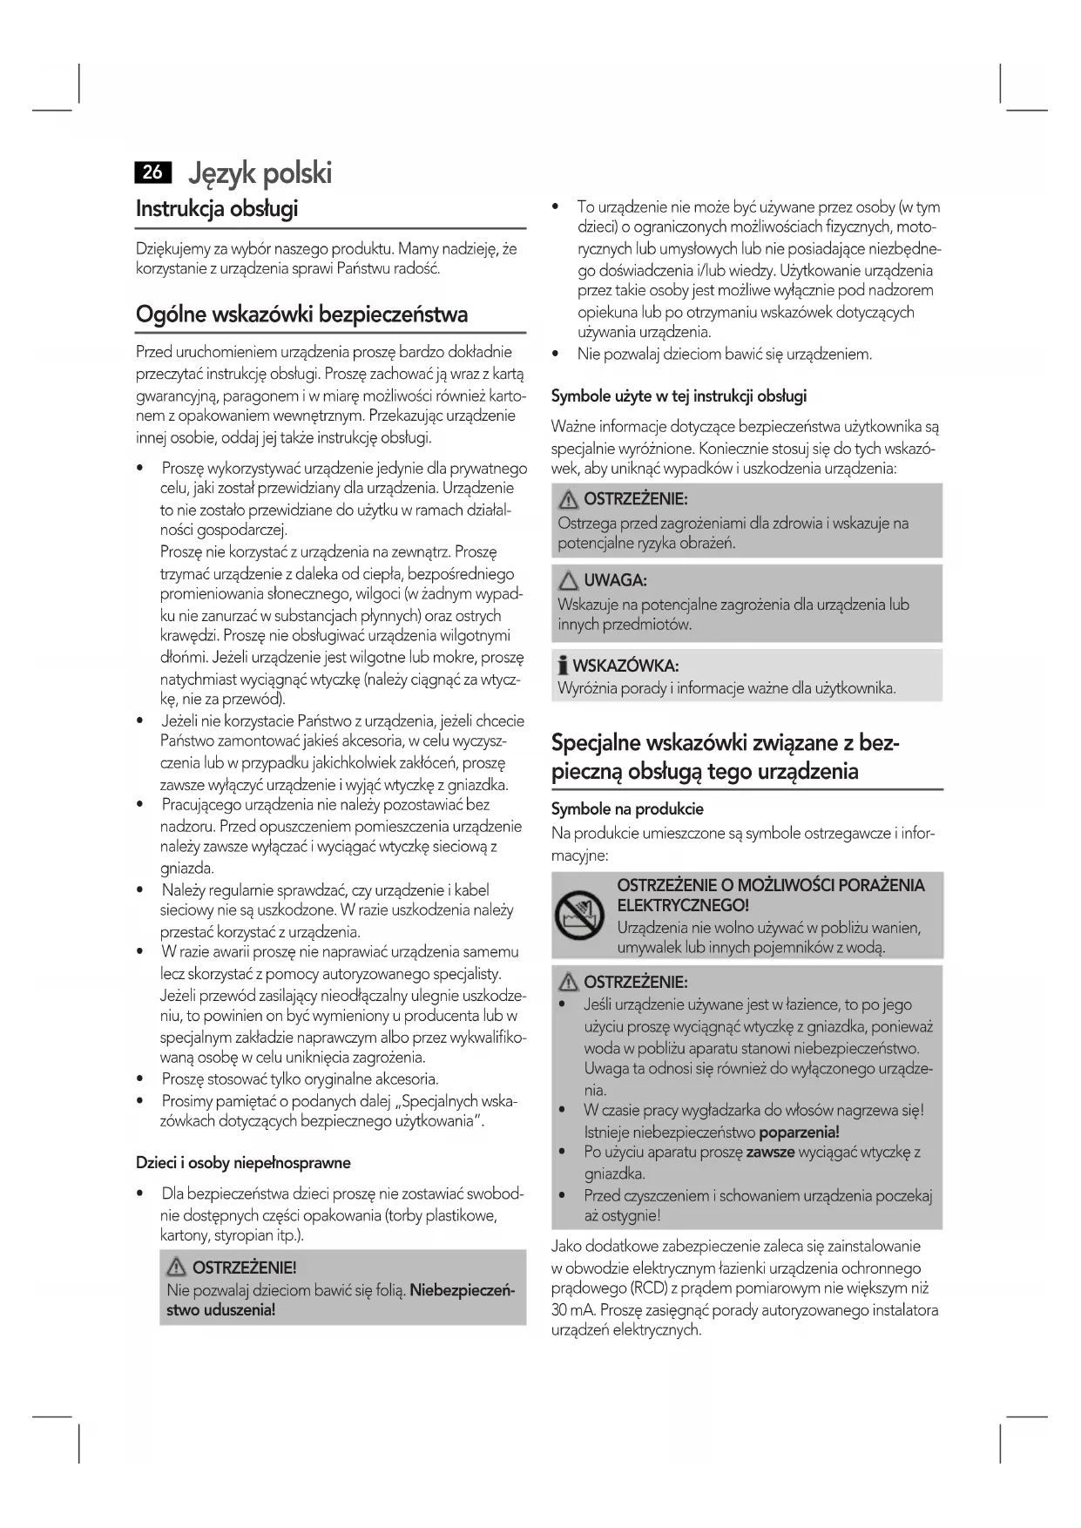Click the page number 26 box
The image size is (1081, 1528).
point(153,172)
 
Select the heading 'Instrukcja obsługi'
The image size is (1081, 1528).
point(217,209)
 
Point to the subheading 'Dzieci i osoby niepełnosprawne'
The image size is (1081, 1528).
point(243,1163)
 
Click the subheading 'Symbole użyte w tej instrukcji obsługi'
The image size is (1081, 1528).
point(679,396)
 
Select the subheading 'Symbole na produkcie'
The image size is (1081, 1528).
point(627,808)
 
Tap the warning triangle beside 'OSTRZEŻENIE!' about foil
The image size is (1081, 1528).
point(177,1268)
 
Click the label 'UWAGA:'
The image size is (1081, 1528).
point(615,581)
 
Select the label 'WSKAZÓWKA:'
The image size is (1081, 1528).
point(625,666)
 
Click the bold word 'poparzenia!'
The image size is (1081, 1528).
point(799,1132)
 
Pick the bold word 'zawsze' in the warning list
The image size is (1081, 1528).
point(770,1153)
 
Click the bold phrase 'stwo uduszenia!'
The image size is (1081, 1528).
point(221,1310)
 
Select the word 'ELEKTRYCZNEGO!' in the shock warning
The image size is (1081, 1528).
point(683,906)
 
